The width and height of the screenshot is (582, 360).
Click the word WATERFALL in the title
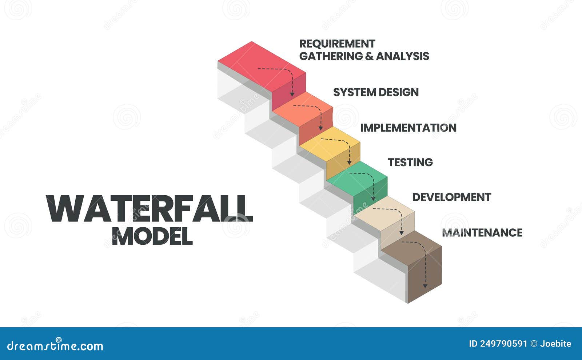150,209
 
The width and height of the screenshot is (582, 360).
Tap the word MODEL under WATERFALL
152,236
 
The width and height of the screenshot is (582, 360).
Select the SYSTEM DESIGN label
376,92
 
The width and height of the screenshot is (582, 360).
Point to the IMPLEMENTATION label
408,128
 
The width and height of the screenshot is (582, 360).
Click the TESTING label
410,162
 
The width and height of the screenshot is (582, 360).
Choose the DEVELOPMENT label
451,197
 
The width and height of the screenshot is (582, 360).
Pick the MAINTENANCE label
482,233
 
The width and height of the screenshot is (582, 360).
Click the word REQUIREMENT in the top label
337,44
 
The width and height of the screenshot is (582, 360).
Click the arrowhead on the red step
292,94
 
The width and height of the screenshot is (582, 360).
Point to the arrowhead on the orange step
321,128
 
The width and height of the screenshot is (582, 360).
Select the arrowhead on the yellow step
350,162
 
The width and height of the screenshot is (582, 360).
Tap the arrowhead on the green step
373,199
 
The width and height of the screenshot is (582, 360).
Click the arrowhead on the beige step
402,233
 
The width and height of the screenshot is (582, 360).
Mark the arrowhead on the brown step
425,286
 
